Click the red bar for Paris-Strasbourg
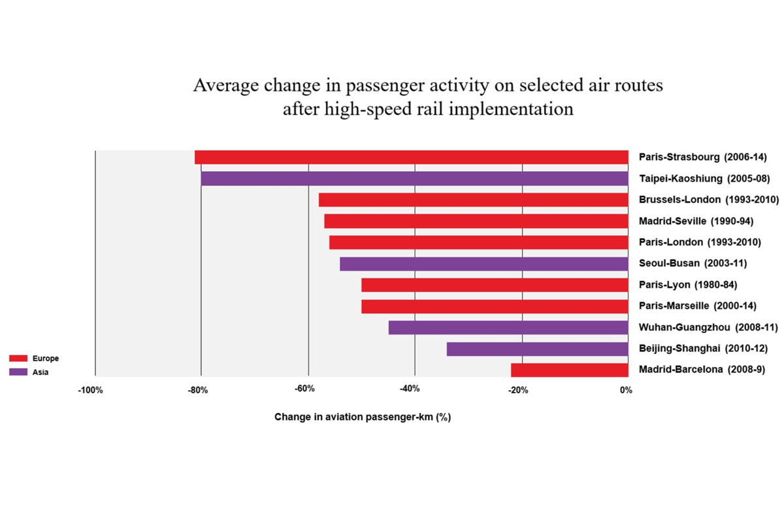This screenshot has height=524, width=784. tap(412, 157)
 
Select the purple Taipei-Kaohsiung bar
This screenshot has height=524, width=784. tap(415, 178)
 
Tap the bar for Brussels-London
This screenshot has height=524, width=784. tap(474, 200)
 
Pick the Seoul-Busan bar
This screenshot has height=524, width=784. tap(484, 264)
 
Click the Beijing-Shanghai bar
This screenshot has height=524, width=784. tap(538, 349)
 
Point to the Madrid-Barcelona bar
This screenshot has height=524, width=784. tap(570, 370)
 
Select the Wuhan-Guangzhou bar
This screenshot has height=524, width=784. tap(508, 327)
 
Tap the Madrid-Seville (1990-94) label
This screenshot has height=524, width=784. tap(696, 221)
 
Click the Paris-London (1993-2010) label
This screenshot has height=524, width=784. tap(700, 242)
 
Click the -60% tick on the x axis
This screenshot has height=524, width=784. tap(304, 390)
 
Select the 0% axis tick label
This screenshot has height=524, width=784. tap(625, 391)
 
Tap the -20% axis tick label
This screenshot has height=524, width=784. tap(518, 391)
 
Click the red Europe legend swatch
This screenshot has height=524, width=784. tap(18, 358)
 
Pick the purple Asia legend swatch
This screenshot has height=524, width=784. tap(18, 372)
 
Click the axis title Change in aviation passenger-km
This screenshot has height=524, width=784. tap(363, 417)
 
